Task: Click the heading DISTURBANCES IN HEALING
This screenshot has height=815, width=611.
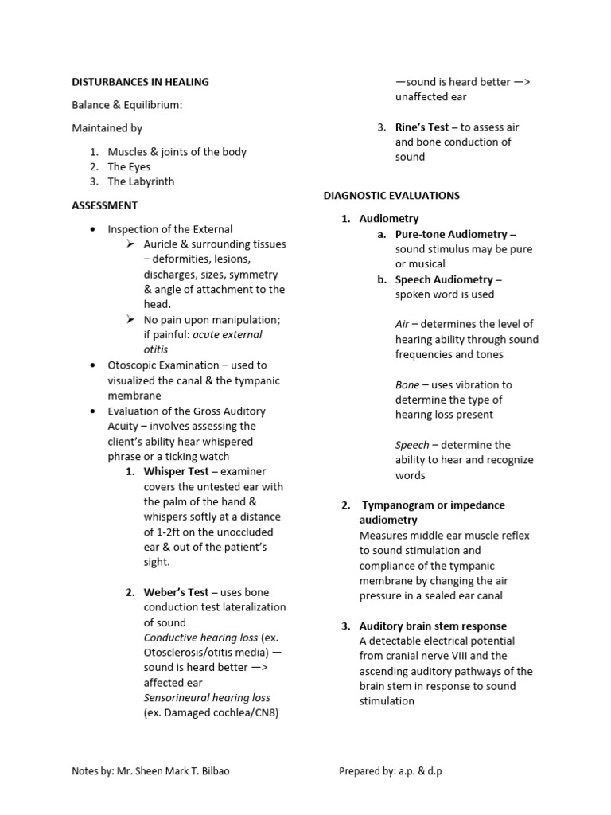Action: click(x=140, y=81)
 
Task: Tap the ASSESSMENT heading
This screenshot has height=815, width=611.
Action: click(x=104, y=205)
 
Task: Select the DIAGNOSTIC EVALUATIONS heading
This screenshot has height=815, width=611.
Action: click(x=391, y=195)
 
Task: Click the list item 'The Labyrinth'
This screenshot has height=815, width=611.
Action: click(x=141, y=181)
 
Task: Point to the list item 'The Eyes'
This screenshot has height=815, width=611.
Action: click(x=129, y=167)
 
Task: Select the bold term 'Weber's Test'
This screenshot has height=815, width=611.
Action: click(x=176, y=592)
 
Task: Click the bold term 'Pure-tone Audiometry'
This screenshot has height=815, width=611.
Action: click(x=451, y=234)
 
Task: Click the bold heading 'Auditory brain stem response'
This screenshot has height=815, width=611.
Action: click(x=433, y=626)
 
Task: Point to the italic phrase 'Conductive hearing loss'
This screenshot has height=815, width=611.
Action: click(x=200, y=638)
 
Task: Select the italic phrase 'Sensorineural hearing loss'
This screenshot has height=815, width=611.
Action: click(x=207, y=698)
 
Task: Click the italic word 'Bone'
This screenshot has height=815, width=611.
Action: click(x=407, y=385)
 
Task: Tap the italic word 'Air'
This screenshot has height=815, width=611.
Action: click(x=403, y=325)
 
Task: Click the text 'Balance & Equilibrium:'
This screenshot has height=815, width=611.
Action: click(x=127, y=105)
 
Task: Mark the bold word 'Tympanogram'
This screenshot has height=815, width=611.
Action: click(x=399, y=505)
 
